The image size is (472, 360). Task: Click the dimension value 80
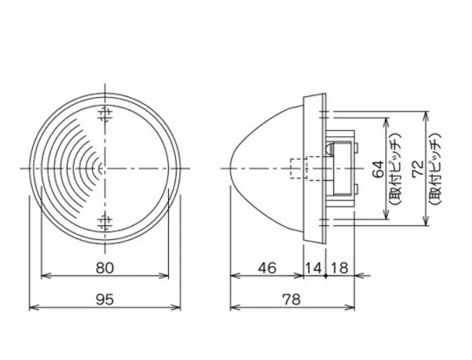(105, 268)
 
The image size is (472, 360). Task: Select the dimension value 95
(105, 299)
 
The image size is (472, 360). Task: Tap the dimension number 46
(267, 268)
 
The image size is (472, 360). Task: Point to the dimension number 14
(314, 268)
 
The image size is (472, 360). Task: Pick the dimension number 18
(339, 268)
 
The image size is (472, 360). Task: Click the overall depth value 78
(291, 299)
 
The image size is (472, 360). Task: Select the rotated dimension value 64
(378, 169)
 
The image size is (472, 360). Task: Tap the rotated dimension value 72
(418, 169)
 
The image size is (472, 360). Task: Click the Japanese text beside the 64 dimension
(394, 169)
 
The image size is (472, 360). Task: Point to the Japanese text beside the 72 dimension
(435, 169)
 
